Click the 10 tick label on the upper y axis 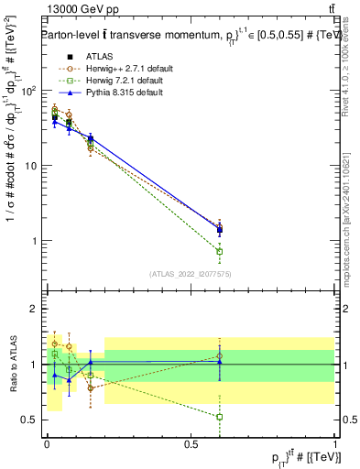pyautogui.click(x=31, y=166)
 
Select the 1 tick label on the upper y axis pyautogui.click(x=35, y=241)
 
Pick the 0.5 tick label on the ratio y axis pyautogui.click(x=30, y=420)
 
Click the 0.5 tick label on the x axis pyautogui.click(x=191, y=444)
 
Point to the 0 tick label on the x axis pyautogui.click(x=47, y=444)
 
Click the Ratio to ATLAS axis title pyautogui.click(x=12, y=365)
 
